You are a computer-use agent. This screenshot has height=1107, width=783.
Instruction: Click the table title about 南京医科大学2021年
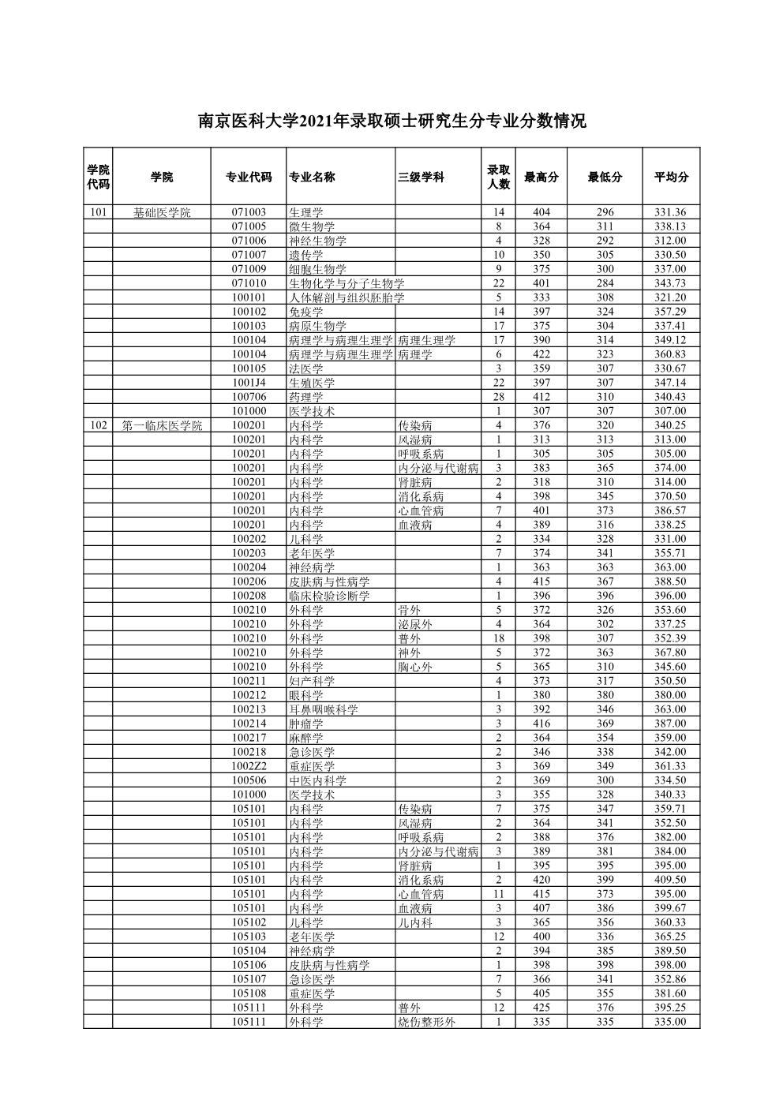pyautogui.click(x=391, y=122)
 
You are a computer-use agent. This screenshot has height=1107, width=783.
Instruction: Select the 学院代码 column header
pyautogui.click(x=98, y=177)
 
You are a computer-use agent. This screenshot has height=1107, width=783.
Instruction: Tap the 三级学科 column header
pyautogui.click(x=421, y=177)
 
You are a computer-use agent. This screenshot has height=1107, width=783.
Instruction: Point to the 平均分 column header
pyautogui.click(x=670, y=177)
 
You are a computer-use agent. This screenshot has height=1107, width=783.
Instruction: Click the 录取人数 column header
pyautogui.click(x=498, y=177)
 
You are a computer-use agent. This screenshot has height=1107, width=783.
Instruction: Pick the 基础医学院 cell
pyautogui.click(x=161, y=212)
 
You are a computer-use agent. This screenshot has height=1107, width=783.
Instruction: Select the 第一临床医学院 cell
pyautogui.click(x=161, y=425)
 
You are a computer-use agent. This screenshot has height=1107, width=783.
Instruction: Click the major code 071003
pyautogui.click(x=249, y=212)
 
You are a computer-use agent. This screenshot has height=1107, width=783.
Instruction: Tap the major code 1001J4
pyautogui.click(x=249, y=383)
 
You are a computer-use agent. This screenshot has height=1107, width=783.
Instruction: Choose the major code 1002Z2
pyautogui.click(x=249, y=766)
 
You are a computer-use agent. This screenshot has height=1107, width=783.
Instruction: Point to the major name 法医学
pyautogui.click(x=305, y=368)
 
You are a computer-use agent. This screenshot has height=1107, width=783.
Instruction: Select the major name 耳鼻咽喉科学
pyautogui.click(x=323, y=709)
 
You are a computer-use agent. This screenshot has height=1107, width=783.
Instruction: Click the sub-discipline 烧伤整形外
pyautogui.click(x=426, y=1022)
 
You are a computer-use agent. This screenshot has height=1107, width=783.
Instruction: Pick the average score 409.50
pyautogui.click(x=670, y=880)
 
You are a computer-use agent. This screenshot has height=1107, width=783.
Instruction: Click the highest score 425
pyautogui.click(x=541, y=1008)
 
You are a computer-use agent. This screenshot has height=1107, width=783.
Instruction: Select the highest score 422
pyautogui.click(x=541, y=354)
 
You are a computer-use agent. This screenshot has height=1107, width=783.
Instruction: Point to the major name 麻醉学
pyautogui.click(x=305, y=738)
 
